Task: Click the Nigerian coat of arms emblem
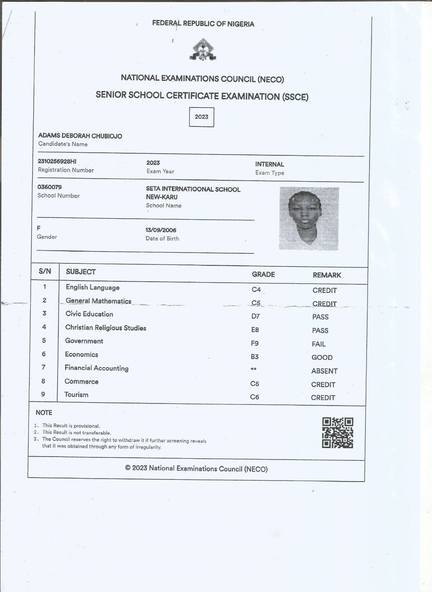pos(202,50)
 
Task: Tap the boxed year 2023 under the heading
pos(201,117)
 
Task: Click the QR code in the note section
pos(337,433)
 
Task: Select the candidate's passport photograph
pos(309,218)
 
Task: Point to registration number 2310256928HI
pos(57,161)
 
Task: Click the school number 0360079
pos(50,187)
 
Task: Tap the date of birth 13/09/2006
pos(161,230)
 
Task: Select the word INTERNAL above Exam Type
pos(270,164)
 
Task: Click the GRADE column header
pos(263,274)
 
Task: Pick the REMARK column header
pos(327,275)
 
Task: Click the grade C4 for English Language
pos(256,290)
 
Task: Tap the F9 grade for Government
pos(255,343)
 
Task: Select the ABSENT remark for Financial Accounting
pos(324,371)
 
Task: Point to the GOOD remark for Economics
pos(322,357)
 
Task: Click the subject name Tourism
pos(76,395)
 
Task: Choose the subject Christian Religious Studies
pos(106,328)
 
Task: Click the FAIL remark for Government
pos(319,344)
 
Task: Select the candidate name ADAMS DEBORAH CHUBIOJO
pos(80,136)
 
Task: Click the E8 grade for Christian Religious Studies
pos(255,330)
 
